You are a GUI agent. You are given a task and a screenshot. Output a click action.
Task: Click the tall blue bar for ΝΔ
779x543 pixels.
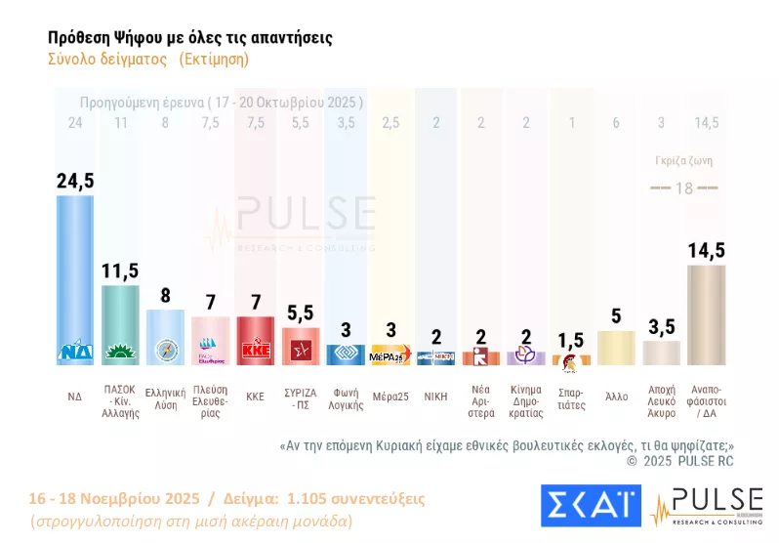(75, 278)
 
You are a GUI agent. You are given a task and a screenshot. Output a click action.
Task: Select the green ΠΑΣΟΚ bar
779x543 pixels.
(121, 322)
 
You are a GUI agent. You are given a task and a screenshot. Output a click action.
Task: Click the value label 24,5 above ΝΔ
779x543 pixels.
(75, 181)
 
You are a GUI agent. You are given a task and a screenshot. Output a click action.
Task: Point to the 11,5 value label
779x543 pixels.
(121, 271)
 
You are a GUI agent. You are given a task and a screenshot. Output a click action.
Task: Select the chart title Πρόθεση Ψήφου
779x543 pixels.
(189, 37)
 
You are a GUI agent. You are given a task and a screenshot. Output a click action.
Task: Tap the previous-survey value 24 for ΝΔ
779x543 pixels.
(75, 122)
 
